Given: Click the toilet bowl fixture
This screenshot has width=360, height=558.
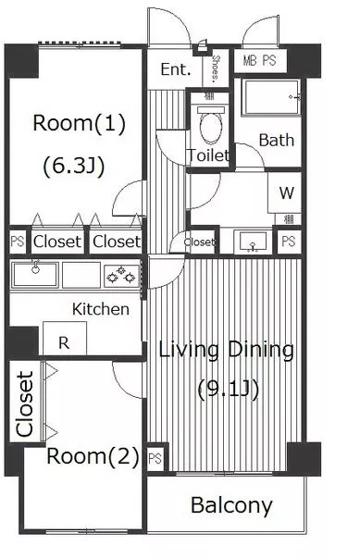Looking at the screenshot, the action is point(211,125).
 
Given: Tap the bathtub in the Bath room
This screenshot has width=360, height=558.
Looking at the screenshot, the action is point(271,97).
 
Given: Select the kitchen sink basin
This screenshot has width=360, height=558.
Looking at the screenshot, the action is point(34,275).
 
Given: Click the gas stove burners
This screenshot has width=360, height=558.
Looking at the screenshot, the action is point(121,275).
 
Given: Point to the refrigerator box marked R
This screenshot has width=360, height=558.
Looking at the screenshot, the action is point(65,338).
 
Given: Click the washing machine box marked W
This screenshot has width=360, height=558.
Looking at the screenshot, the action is point(285,192).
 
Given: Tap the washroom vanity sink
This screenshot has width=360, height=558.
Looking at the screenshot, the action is point(253,242).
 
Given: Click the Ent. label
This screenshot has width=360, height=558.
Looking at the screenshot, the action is point(176,69).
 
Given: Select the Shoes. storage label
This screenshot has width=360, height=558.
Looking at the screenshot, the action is point(216,68).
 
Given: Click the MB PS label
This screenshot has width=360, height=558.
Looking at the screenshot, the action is point(260,60).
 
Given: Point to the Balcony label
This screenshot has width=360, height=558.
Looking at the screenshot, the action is point(231,505).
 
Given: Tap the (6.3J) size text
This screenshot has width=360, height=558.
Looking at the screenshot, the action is point(74,166).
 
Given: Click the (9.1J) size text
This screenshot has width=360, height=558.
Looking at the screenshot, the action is point(228,390).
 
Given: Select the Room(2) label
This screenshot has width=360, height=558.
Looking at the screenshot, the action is point(93,456).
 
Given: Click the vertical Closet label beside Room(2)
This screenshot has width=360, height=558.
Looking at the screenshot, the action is point(25,403).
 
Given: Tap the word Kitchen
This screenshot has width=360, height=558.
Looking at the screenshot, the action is point(101,309).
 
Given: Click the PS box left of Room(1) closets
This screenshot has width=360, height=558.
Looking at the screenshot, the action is point(18,242).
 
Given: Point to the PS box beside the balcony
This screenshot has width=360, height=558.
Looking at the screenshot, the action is point(155,458).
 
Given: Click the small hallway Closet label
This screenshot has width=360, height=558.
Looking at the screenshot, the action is point(199,242).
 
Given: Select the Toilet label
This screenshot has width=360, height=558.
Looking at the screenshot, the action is point(208,155).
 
